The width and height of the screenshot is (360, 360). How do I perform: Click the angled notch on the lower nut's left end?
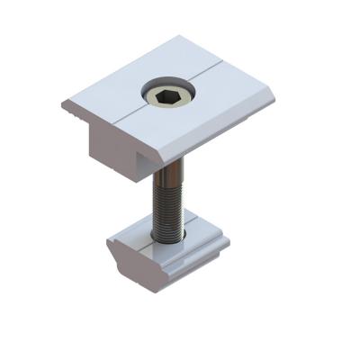click(117, 256)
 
